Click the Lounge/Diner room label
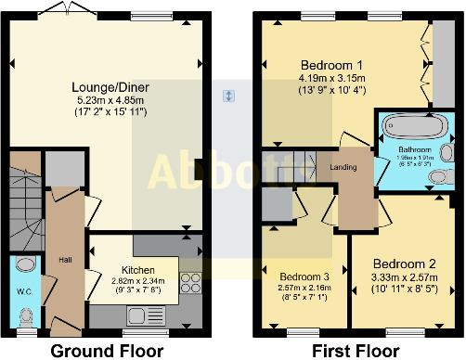(110, 87)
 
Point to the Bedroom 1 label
(329, 65)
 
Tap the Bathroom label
(416, 148)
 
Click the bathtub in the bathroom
(415, 126)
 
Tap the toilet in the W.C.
(24, 320)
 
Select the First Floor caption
(356, 351)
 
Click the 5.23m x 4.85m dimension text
(110, 99)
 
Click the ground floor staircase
(24, 204)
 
